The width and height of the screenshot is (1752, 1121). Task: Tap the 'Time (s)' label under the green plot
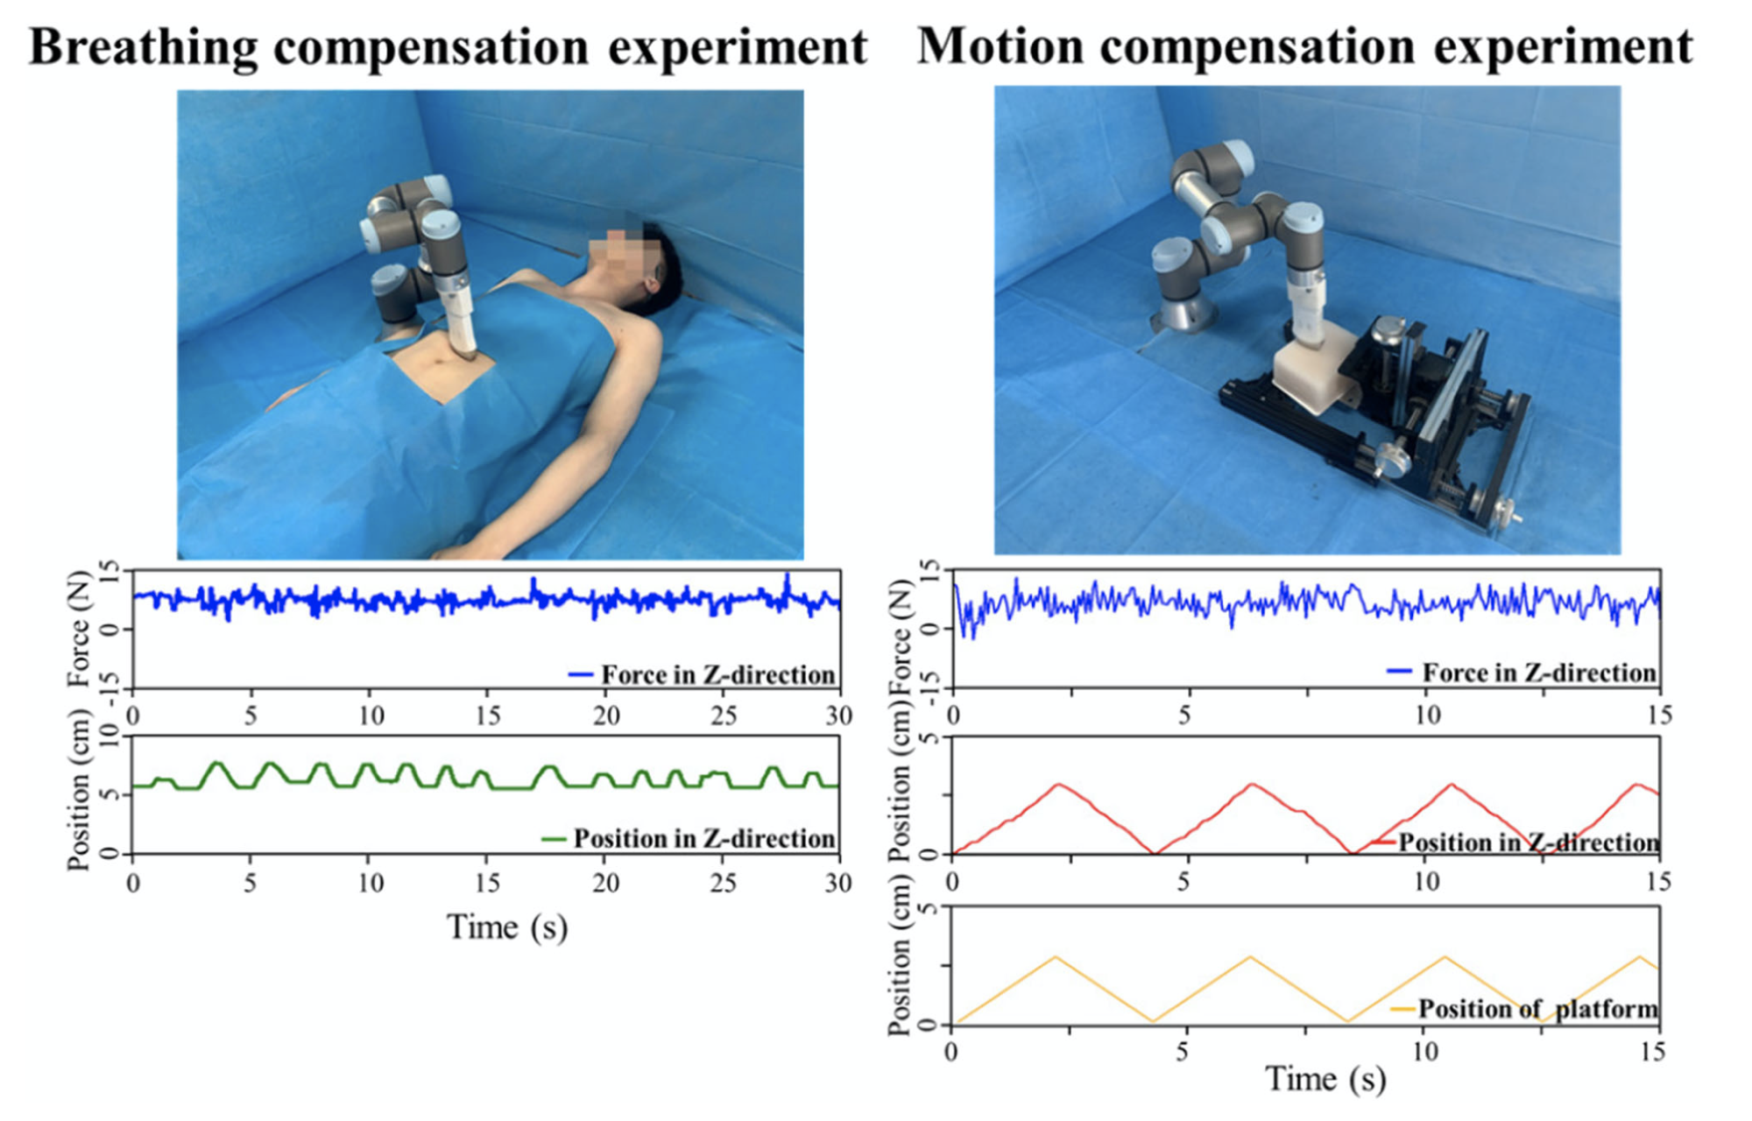(507, 927)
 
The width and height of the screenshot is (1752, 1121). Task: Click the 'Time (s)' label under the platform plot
(1325, 1078)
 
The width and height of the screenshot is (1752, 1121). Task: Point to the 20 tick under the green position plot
(605, 883)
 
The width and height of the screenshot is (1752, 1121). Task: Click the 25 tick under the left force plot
(723, 716)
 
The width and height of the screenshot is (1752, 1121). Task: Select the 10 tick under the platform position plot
(1425, 1051)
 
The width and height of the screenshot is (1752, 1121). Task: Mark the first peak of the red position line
(1060, 784)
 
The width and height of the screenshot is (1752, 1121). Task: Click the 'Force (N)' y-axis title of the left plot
(79, 628)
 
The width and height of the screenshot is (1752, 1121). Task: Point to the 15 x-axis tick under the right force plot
(1659, 716)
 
